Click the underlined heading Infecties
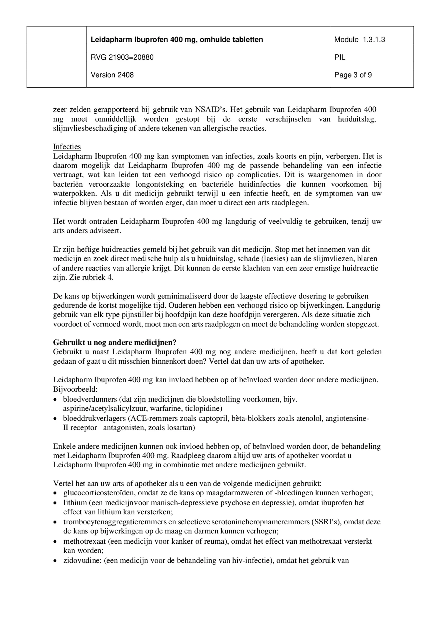pos(67,146)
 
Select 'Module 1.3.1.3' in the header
pos(359,40)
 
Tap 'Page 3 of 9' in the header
pos(353,75)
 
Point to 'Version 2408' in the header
pos(112,75)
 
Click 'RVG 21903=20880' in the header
pos(122,57)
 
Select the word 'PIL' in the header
pos(340,57)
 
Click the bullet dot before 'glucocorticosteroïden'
pos(55,493)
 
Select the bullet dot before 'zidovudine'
pos(55,561)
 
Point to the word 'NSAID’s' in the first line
pos(210,109)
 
